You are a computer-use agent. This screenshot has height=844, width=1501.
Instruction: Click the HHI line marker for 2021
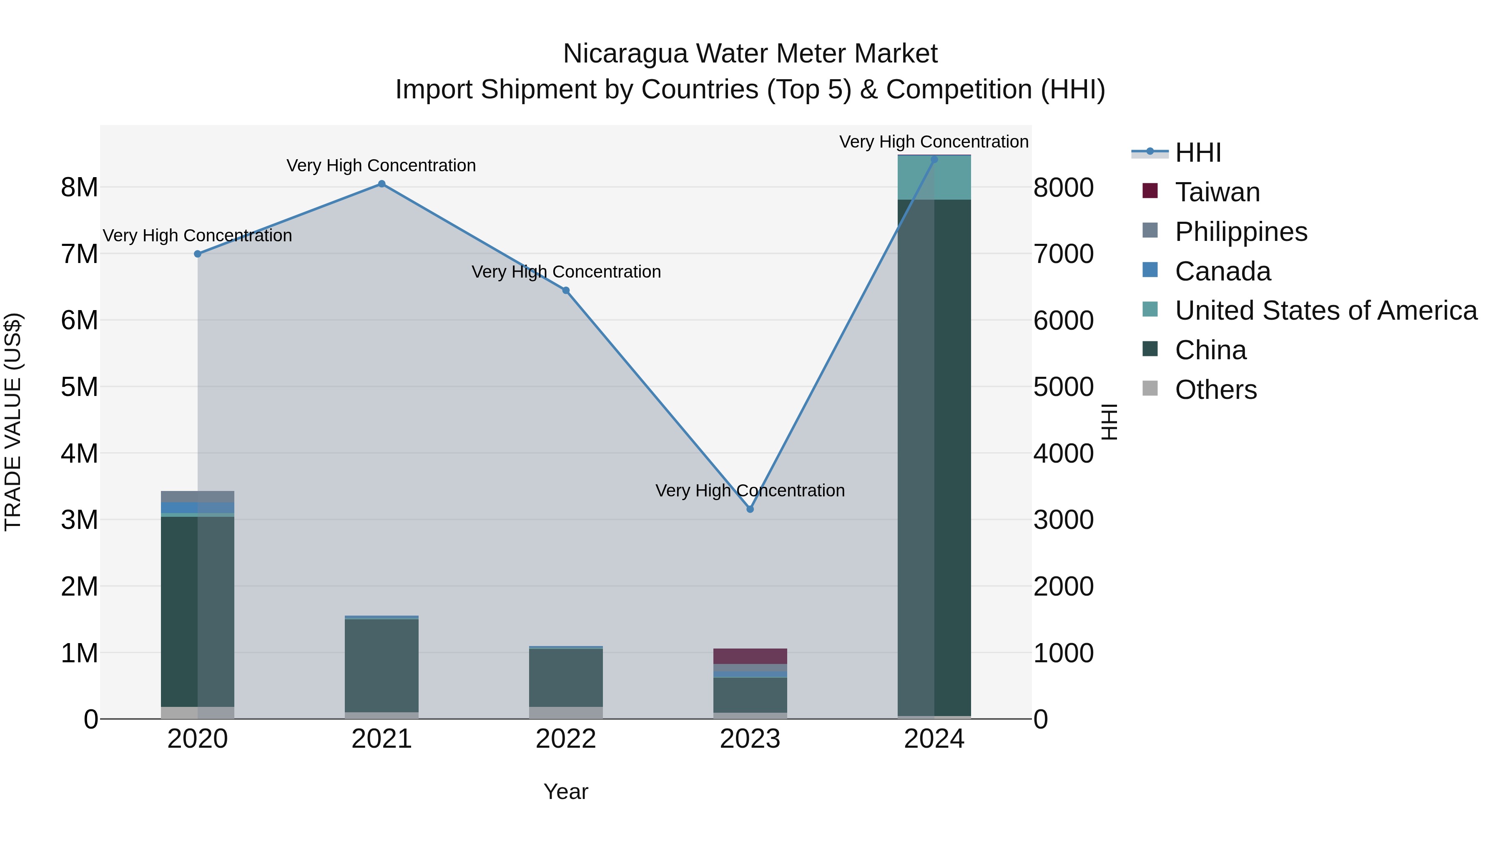(x=382, y=184)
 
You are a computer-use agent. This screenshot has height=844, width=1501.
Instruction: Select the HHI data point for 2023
(x=750, y=509)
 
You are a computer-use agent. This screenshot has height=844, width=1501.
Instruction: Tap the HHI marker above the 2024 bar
(x=934, y=160)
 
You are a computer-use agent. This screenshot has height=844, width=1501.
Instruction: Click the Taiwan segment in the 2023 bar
(x=750, y=656)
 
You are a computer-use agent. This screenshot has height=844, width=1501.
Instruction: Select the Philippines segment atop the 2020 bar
(x=198, y=496)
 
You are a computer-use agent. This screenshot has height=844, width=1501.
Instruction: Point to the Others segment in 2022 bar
(x=566, y=712)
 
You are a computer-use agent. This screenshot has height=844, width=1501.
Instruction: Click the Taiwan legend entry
(x=1217, y=192)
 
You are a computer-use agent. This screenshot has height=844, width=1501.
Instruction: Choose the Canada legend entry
(x=1222, y=271)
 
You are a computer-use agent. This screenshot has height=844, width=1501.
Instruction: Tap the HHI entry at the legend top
(x=1197, y=153)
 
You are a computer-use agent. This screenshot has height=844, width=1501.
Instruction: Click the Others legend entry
(x=1215, y=390)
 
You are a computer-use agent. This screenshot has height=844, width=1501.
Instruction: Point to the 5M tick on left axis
(x=79, y=387)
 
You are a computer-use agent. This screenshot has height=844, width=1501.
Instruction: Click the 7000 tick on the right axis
(x=1063, y=254)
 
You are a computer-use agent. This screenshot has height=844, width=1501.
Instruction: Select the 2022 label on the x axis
(x=566, y=739)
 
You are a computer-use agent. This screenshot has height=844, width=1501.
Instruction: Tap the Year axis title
(x=566, y=791)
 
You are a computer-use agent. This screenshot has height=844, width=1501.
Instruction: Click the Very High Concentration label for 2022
(x=566, y=272)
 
